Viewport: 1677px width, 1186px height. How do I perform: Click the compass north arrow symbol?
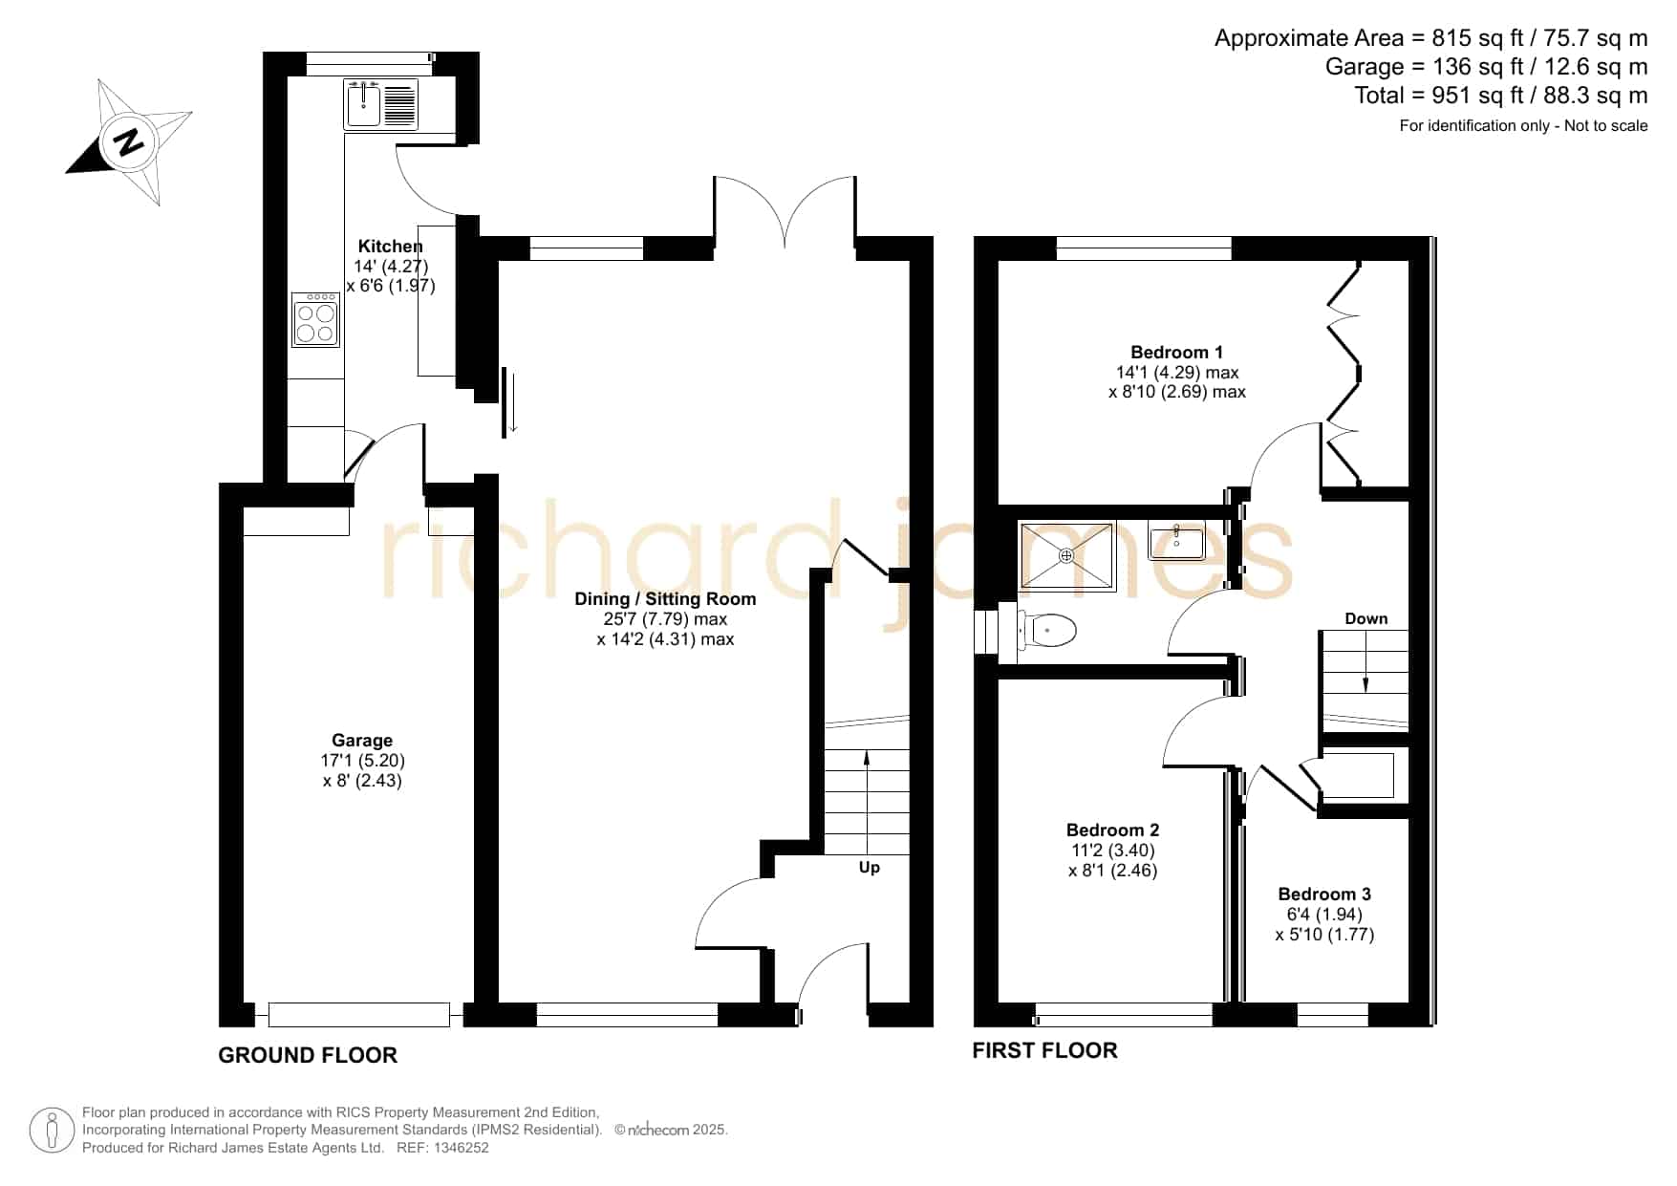(x=129, y=141)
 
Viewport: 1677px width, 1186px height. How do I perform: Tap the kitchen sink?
(x=381, y=104)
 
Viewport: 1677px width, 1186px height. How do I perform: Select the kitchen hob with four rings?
(x=316, y=320)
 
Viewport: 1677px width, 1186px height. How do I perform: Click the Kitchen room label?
(x=390, y=247)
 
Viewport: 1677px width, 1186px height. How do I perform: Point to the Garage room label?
(x=362, y=740)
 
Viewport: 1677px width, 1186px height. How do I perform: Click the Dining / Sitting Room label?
(x=665, y=599)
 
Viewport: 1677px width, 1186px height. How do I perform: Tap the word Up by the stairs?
(x=870, y=868)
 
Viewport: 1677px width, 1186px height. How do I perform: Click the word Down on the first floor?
(x=1366, y=618)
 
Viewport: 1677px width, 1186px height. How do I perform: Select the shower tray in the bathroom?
(x=1066, y=555)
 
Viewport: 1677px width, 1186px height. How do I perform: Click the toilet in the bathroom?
(x=1047, y=631)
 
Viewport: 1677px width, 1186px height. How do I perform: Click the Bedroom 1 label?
(x=1176, y=353)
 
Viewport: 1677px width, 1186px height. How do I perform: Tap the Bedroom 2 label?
(x=1112, y=830)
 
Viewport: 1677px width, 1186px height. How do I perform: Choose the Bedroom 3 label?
(x=1324, y=895)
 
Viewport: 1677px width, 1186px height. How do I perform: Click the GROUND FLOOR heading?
(x=308, y=1055)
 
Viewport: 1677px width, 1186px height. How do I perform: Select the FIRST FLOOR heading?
(x=1044, y=1050)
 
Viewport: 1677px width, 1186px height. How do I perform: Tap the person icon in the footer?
(x=52, y=1131)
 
